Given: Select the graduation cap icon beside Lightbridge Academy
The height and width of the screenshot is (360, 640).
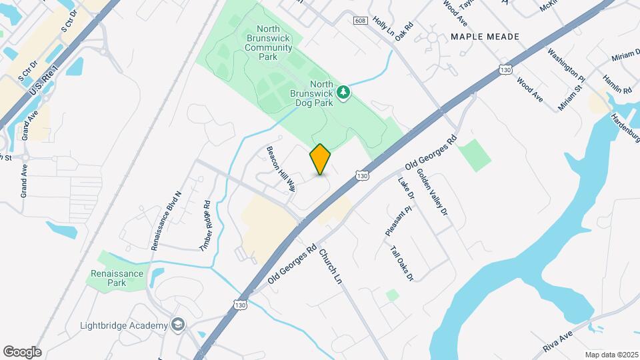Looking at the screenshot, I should tap(177, 325).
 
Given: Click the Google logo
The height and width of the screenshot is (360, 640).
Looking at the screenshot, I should tap(22, 352).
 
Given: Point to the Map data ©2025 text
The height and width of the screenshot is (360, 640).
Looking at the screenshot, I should tap(611, 355).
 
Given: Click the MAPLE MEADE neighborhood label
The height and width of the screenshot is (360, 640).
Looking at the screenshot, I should tap(485, 37).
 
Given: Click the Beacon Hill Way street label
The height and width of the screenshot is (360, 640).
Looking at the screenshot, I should tap(281, 169).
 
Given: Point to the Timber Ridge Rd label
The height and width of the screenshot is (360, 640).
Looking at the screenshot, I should tap(205, 226).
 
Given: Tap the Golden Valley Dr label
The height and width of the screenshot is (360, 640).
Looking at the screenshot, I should tap(433, 192).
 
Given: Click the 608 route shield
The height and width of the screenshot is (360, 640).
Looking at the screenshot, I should tap(361, 21).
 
